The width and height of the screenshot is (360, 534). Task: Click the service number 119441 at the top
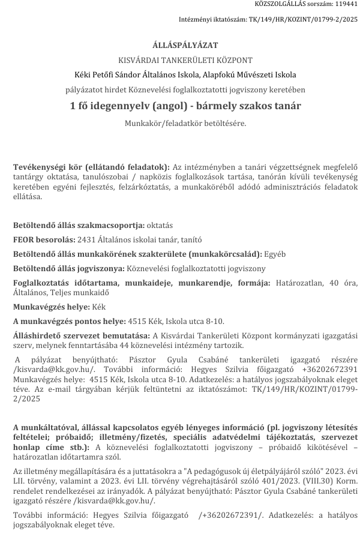click(x=346, y=5)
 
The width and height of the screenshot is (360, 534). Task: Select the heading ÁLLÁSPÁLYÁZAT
click(x=185, y=45)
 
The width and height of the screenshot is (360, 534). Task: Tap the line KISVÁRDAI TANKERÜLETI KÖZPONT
click(x=185, y=60)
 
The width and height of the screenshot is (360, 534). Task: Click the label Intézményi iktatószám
click(x=213, y=19)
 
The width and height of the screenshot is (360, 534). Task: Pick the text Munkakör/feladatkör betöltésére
click(x=185, y=123)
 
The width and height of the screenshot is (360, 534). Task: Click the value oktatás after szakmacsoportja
click(x=160, y=226)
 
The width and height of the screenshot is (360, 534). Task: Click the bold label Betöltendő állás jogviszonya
click(x=70, y=268)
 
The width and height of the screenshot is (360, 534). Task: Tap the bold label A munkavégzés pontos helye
click(x=69, y=321)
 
